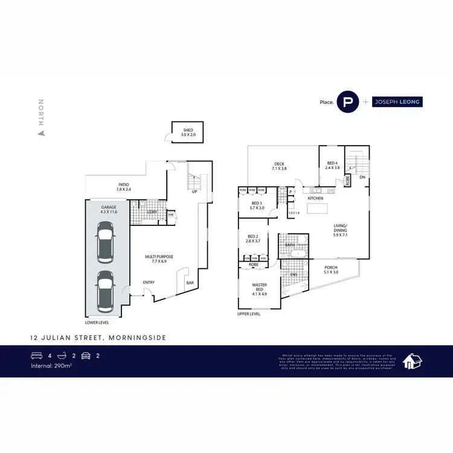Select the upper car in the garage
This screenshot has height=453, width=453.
pos(106,242)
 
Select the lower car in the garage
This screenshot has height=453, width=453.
pos(106,289)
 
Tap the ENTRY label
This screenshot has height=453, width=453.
pos(148,282)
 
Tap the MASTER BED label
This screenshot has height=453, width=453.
pos(259,288)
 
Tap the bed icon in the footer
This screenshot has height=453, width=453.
pos(36,356)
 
